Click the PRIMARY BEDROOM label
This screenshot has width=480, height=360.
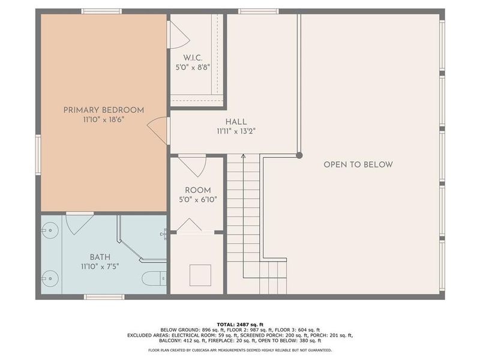[x=104, y=110]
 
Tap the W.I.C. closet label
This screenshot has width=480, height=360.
[x=185, y=58]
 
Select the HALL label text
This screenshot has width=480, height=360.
[x=236, y=122]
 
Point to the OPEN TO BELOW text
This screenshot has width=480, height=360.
[x=358, y=164]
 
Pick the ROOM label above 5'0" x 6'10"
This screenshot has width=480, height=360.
[x=197, y=190]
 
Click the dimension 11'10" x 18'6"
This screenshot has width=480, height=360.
[x=104, y=119]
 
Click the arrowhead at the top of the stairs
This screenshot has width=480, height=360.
[x=244, y=157]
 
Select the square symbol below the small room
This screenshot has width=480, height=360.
[x=200, y=275]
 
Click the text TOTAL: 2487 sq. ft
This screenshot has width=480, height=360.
[x=239, y=323]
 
